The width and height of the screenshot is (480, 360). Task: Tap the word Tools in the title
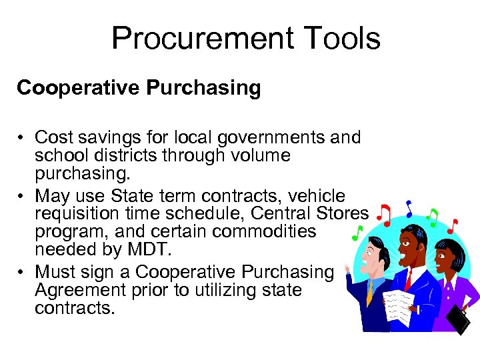click(x=339, y=38)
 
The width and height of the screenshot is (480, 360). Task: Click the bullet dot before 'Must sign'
click(x=22, y=273)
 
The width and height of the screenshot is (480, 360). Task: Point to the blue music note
click(x=409, y=209)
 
